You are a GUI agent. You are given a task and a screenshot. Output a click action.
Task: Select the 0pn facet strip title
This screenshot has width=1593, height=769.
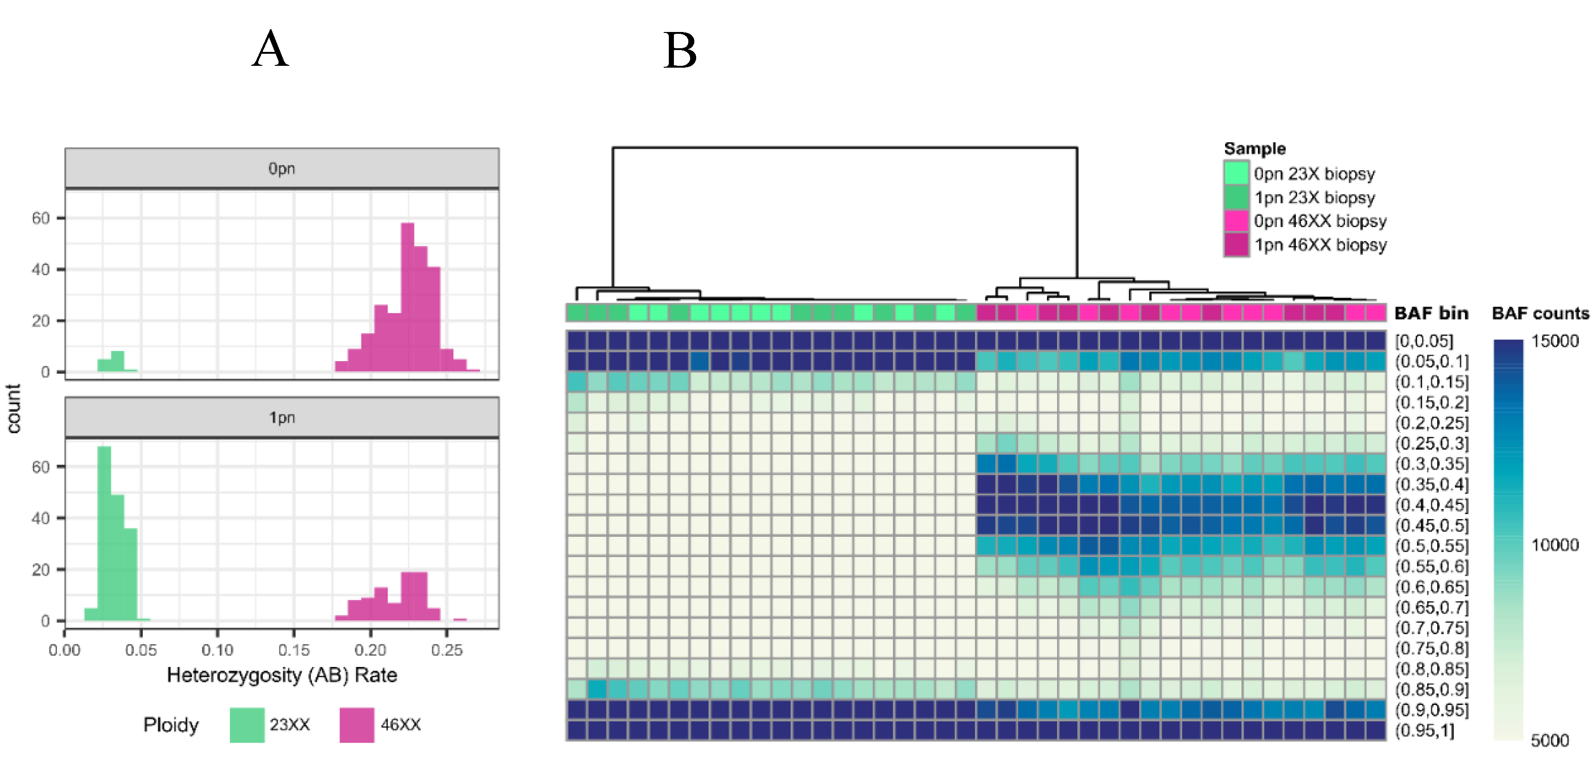(x=281, y=168)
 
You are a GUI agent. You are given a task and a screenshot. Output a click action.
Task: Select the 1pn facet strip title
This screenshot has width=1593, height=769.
(x=281, y=418)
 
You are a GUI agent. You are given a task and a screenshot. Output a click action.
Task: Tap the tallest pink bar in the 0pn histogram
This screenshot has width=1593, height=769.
(x=407, y=297)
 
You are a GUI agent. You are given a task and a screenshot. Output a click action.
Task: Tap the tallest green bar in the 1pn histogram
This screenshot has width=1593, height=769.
(x=104, y=532)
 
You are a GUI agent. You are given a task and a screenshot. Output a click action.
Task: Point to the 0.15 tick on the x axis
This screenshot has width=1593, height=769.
(x=294, y=649)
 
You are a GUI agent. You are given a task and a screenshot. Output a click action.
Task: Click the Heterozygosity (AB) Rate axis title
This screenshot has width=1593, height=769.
(x=281, y=675)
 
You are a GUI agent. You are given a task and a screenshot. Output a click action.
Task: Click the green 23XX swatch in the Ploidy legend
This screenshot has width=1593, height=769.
(x=247, y=725)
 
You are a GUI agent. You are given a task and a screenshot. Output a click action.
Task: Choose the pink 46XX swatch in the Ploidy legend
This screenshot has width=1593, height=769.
(x=357, y=725)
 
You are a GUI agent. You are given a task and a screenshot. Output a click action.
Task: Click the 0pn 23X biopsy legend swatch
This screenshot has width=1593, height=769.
(x=1236, y=173)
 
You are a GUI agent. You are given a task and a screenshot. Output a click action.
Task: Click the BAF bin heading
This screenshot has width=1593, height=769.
(x=1431, y=313)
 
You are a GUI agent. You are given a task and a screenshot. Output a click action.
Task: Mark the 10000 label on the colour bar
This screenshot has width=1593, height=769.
(x=1555, y=545)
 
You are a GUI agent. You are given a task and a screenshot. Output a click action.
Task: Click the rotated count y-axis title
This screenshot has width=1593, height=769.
(x=13, y=408)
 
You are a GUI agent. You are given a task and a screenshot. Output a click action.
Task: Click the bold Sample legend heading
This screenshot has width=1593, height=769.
(x=1254, y=148)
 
